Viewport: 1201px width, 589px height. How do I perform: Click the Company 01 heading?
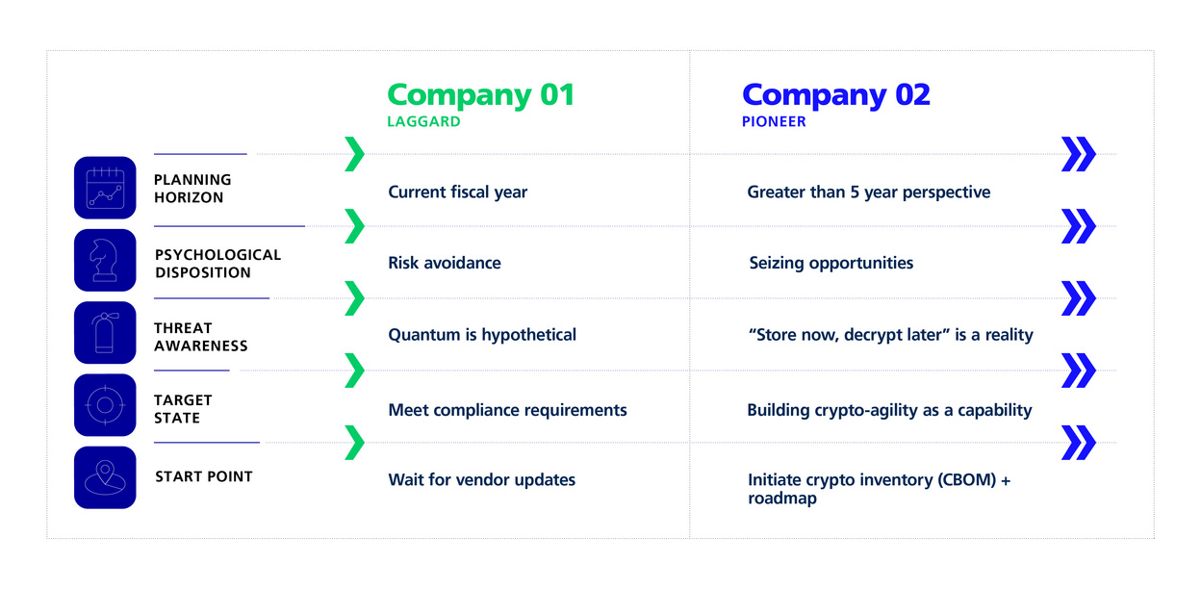coord(481,95)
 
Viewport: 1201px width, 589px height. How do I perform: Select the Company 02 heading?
coord(836,95)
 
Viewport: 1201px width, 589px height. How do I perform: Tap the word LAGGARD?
coord(423,122)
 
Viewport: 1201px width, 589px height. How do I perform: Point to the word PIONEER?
coord(774,122)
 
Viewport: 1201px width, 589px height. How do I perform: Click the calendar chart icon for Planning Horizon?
coord(105,188)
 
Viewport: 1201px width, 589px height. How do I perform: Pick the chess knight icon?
coord(105,260)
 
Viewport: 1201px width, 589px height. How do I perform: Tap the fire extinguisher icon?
coord(105,333)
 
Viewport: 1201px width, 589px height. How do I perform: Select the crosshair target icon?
coord(105,405)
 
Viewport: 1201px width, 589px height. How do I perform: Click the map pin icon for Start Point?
coord(105,477)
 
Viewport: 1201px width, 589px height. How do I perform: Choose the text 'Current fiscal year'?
coord(457,192)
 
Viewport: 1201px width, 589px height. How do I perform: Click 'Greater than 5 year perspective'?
coord(869,192)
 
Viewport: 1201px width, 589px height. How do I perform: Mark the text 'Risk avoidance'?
coord(445,263)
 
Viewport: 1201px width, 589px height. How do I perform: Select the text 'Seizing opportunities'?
coord(831,263)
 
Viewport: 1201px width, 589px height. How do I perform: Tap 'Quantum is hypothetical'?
coord(482,335)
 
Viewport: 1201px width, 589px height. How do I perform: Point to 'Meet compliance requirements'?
coord(507,410)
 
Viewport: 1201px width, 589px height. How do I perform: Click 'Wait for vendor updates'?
coord(481,479)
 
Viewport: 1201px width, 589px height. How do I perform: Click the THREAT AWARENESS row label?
coord(201,337)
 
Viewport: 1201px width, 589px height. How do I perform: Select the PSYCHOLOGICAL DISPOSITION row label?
coord(217,264)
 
